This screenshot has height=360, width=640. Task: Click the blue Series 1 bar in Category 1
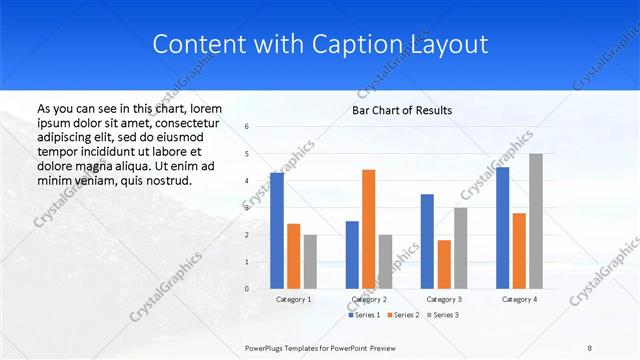click(276, 230)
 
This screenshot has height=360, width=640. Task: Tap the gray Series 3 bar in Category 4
click(536, 221)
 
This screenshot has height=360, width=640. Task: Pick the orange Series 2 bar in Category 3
click(444, 264)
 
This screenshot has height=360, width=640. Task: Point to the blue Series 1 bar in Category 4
click(502, 228)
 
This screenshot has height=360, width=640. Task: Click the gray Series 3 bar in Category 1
click(310, 261)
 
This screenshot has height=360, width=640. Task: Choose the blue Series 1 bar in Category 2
click(352, 254)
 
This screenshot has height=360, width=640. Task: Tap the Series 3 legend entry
click(445, 315)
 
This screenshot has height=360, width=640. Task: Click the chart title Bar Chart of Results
click(402, 110)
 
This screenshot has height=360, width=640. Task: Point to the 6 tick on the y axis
click(246, 127)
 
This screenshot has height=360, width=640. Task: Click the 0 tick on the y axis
click(246, 289)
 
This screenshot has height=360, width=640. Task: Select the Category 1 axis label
click(293, 299)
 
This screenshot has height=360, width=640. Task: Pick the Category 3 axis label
click(444, 299)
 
